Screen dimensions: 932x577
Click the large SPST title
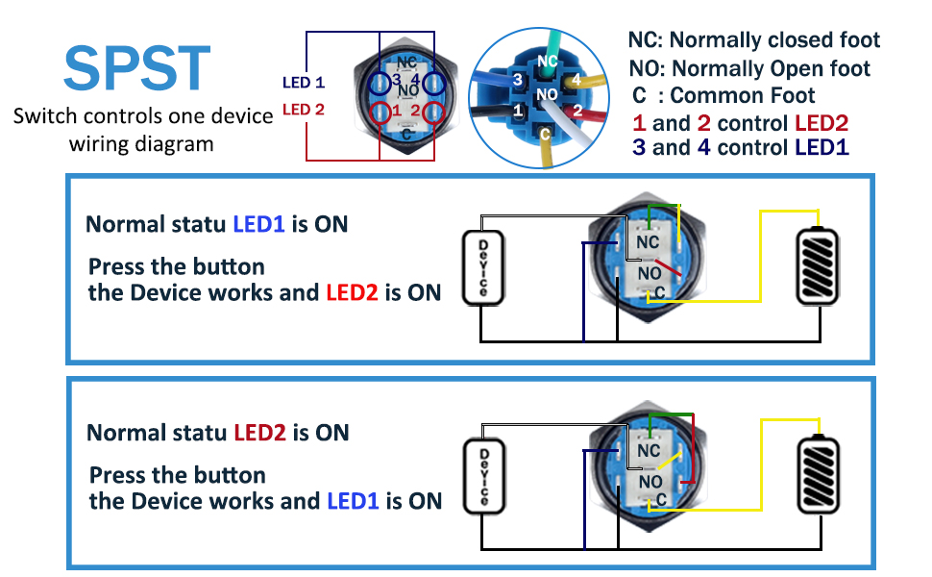point(136,68)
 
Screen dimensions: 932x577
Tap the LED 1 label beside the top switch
point(303,82)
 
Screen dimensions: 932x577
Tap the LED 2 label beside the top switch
point(303,110)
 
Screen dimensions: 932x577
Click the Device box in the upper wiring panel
point(483,267)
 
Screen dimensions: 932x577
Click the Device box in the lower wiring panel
point(484,476)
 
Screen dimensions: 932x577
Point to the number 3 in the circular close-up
point(517,80)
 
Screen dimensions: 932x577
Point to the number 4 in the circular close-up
point(576,80)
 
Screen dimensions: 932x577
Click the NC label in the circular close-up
point(548,62)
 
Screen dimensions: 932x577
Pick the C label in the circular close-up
point(545,135)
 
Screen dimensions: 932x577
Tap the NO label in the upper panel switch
point(650,274)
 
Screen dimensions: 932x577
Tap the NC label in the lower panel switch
point(649,451)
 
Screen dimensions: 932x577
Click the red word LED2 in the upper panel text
point(352,292)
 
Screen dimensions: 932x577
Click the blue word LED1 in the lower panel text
point(353,501)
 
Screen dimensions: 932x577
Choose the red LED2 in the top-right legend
point(822,123)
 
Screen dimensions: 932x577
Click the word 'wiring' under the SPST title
point(97,144)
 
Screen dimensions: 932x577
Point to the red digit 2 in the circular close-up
point(577,110)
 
